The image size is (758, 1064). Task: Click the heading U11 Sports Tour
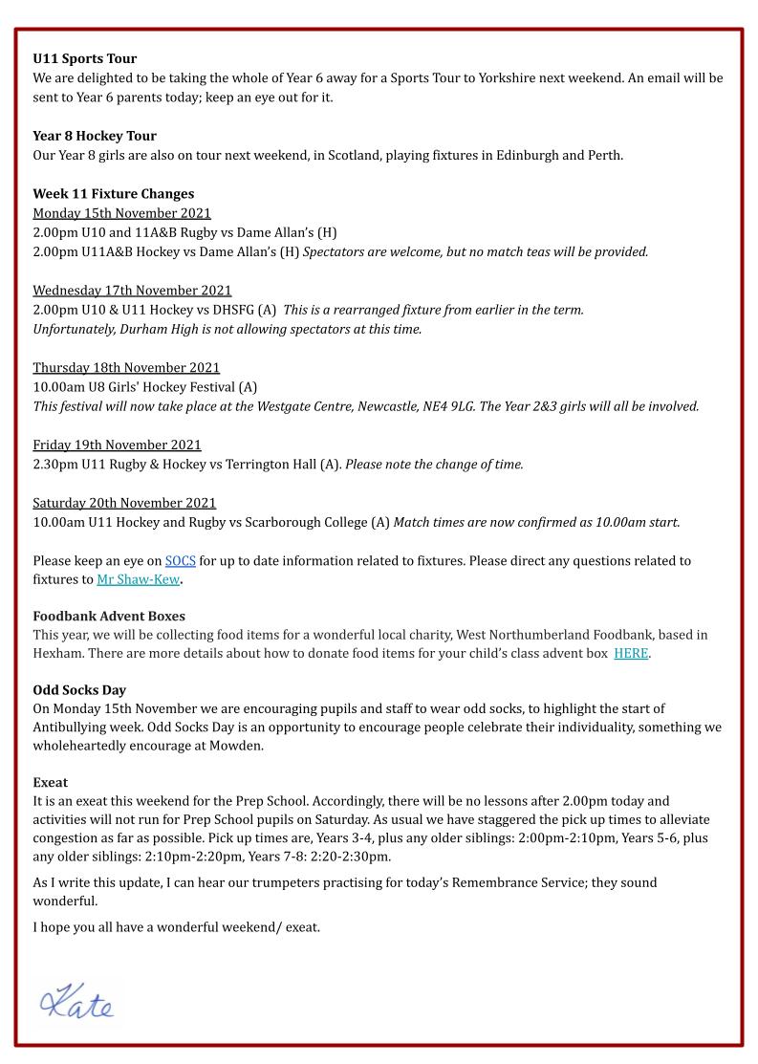[84, 59]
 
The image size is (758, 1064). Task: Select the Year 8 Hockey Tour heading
[95, 136]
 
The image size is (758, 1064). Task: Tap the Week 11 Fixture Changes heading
[113, 194]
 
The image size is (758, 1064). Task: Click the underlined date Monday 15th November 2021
[121, 213]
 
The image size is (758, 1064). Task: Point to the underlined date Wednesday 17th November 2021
[132, 291]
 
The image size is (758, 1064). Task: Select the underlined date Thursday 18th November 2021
[126, 368]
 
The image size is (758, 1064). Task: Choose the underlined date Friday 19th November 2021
[117, 445]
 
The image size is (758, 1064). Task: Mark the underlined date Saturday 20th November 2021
[124, 503]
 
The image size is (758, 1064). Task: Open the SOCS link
[180, 561]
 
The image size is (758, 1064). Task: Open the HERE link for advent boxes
[631, 653]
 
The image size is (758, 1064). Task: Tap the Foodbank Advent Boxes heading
[109, 617]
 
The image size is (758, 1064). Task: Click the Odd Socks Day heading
[79, 690]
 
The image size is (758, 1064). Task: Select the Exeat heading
[51, 782]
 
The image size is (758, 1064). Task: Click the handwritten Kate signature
[76, 1001]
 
